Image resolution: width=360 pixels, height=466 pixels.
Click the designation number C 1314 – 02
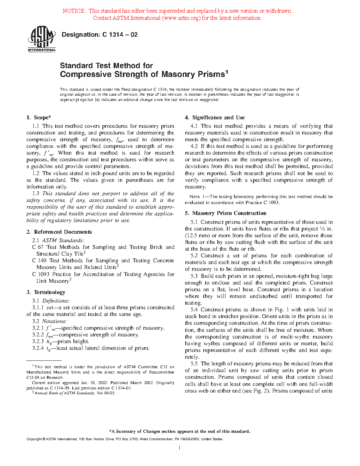(x=120, y=35)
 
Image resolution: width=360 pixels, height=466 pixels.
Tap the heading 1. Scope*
(x=39, y=118)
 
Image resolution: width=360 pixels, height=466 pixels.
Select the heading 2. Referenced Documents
(x=59, y=232)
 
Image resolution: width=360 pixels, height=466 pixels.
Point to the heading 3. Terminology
(x=46, y=292)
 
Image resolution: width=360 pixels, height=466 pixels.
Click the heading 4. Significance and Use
(x=215, y=118)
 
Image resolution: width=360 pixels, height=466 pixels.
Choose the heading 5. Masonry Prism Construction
(x=226, y=213)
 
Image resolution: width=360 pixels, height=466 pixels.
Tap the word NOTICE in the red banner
(x=74, y=11)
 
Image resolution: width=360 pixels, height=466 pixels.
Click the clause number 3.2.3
(x=38, y=341)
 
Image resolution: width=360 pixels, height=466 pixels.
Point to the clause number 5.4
(x=194, y=310)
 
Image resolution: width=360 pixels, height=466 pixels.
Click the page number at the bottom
(x=180, y=448)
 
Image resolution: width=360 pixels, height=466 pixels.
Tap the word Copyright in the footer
(x=34, y=439)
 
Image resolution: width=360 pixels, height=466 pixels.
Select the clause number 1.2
(x=36, y=173)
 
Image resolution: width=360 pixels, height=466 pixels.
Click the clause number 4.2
(x=194, y=146)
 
